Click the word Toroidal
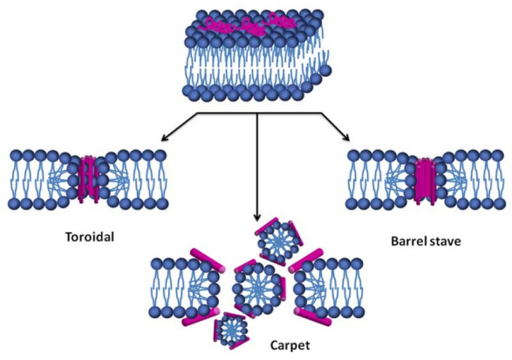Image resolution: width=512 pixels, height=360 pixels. point(90,236)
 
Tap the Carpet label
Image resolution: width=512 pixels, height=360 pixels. point(290,345)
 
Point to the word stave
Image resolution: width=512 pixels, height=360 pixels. point(446,241)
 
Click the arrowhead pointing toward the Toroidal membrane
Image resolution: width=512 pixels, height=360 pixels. point(165,139)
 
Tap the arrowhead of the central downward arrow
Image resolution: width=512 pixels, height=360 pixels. point(257,217)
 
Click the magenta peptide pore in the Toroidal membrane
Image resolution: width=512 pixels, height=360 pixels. point(87,179)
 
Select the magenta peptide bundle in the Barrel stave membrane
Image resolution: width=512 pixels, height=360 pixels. point(425,180)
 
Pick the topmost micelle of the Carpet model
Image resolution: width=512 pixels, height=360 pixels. point(278,241)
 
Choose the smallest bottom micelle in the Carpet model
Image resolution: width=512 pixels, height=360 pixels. point(231,329)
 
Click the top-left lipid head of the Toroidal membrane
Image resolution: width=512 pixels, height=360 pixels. point(16,156)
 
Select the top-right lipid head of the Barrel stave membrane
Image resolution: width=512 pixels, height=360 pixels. point(498,156)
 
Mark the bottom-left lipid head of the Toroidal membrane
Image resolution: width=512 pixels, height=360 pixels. point(14,204)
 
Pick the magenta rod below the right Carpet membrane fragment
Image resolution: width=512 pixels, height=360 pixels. point(313,316)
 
